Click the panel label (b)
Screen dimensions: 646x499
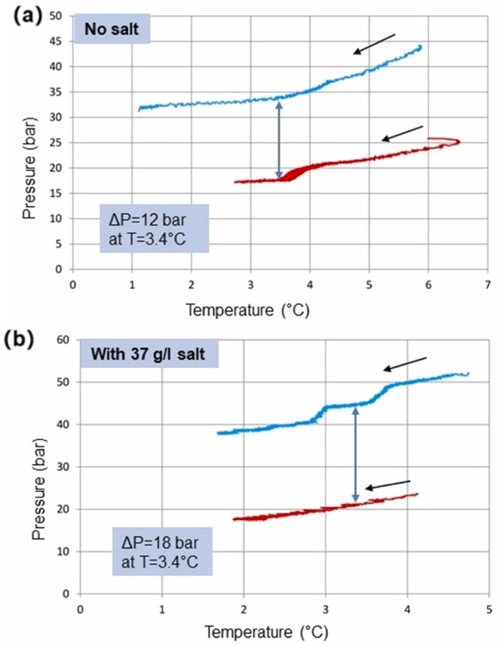coord(18,338)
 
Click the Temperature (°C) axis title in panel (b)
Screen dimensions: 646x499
coord(282,629)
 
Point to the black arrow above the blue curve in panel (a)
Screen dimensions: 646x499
coord(375,45)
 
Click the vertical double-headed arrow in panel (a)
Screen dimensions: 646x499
coord(280,140)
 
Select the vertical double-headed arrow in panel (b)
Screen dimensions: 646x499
coord(356,456)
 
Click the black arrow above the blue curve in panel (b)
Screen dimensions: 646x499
coord(405,364)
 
